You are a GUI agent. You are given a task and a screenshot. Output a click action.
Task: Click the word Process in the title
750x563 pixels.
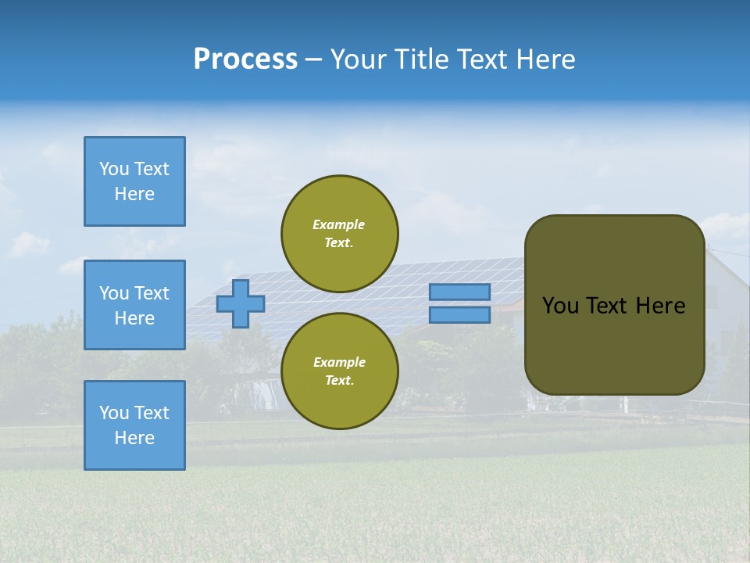tap(245, 59)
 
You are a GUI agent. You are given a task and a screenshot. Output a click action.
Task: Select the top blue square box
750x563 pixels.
tap(134, 181)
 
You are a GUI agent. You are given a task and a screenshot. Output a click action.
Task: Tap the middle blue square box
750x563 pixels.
tap(134, 305)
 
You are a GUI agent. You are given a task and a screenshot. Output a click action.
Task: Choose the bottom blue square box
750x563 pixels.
tap(134, 425)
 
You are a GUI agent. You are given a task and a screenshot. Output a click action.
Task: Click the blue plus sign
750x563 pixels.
tap(241, 303)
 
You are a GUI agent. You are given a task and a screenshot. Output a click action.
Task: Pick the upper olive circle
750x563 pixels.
tap(340, 234)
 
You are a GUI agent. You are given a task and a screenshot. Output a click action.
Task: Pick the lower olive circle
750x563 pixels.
tap(340, 371)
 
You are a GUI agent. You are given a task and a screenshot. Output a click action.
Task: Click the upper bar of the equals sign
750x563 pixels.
tap(459, 292)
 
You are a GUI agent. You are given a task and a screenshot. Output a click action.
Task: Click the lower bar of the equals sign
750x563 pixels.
tap(459, 315)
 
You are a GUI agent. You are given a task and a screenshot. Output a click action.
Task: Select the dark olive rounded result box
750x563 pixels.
tap(615, 305)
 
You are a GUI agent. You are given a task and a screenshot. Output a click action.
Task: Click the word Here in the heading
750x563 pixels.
tap(545, 59)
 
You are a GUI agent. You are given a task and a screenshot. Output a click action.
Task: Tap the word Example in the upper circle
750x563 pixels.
tap(339, 225)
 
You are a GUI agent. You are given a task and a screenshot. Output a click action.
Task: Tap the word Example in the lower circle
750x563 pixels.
tap(339, 363)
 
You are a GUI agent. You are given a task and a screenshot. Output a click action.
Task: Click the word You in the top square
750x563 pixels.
tap(114, 169)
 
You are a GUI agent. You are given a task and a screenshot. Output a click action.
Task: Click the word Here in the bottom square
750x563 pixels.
tap(134, 439)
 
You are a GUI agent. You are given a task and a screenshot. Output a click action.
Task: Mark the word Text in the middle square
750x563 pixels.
tap(152, 293)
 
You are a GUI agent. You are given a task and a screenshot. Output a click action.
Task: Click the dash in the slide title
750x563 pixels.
tap(314, 59)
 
